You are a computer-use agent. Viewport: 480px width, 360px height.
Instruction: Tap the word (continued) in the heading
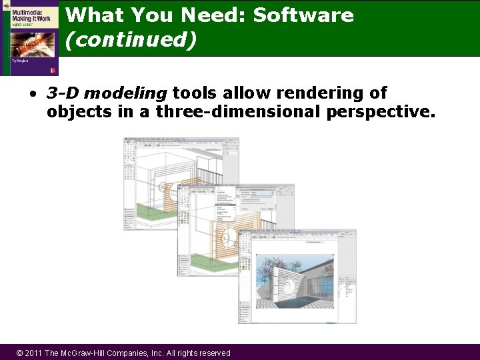[x=131, y=40]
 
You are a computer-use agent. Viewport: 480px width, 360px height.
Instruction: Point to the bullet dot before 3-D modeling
[x=33, y=94]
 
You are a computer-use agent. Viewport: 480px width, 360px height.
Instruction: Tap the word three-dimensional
[x=238, y=111]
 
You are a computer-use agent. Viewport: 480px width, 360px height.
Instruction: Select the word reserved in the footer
[x=211, y=353]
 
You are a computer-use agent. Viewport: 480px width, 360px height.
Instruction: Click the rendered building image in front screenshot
[x=295, y=280]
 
